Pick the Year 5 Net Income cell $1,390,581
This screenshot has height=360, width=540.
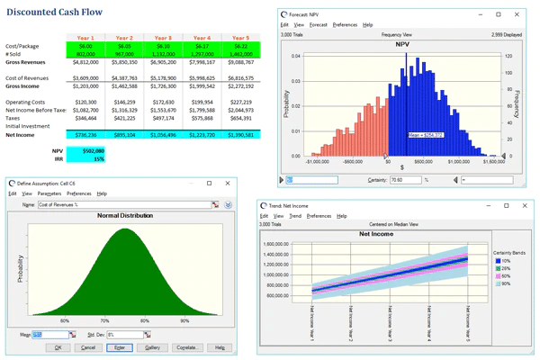[x=242, y=134]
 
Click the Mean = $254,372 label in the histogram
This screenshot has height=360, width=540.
[x=425, y=135]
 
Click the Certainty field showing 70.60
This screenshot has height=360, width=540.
[x=405, y=180]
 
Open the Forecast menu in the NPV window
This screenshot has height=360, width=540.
[x=318, y=25]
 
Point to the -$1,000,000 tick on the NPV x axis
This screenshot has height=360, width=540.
[x=318, y=163]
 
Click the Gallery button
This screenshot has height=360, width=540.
[x=152, y=347]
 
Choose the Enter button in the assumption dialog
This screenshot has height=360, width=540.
[x=120, y=347]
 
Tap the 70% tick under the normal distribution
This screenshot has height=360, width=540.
[x=104, y=320]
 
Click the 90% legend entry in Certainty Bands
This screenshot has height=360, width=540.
[x=503, y=283]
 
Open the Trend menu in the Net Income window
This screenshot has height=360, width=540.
[x=295, y=216]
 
